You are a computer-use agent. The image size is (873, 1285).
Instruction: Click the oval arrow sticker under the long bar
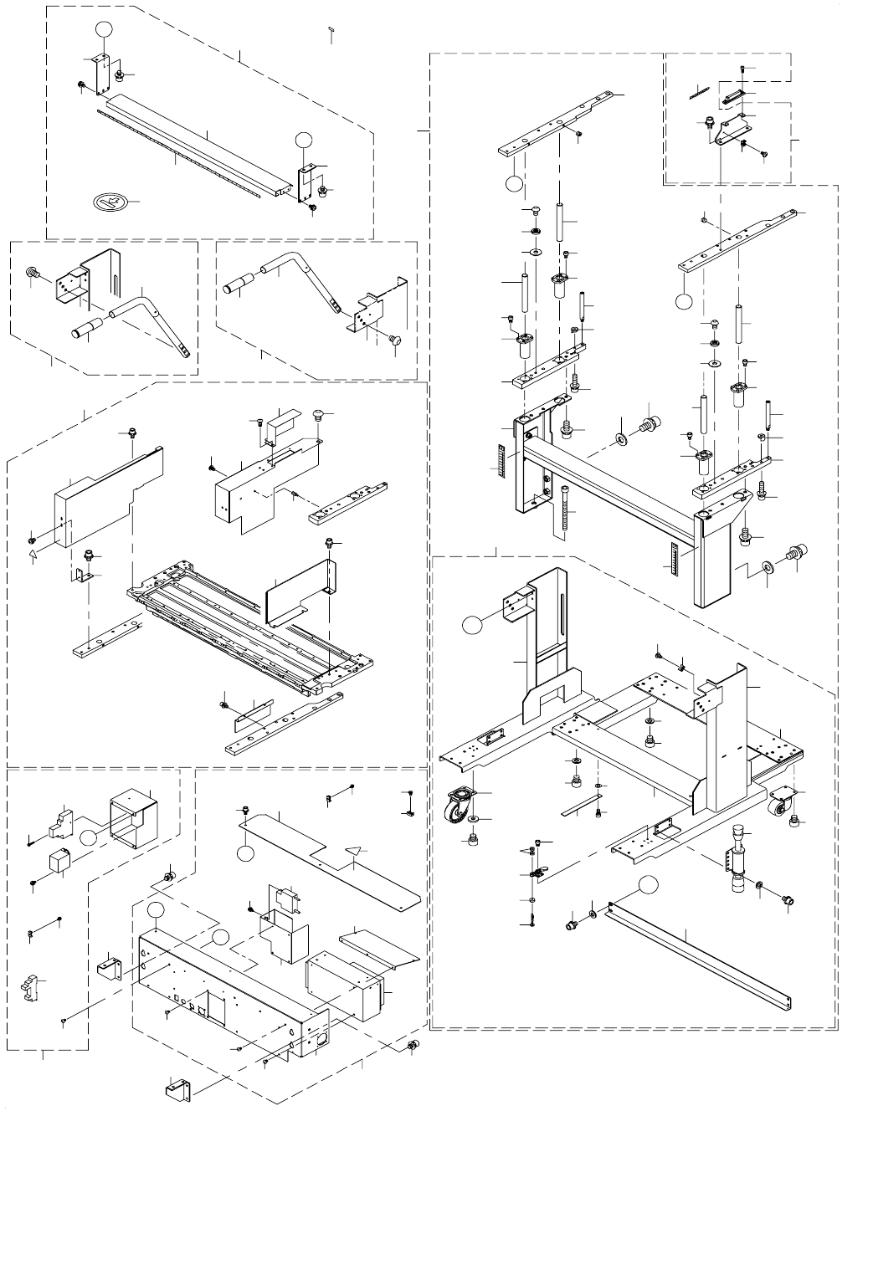point(108,202)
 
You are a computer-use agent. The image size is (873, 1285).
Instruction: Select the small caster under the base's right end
point(779,801)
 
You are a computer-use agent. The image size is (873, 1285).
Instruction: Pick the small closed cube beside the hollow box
point(59,861)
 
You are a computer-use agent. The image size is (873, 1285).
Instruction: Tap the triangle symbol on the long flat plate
point(356,851)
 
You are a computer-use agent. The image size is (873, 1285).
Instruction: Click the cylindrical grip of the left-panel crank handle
point(85,328)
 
